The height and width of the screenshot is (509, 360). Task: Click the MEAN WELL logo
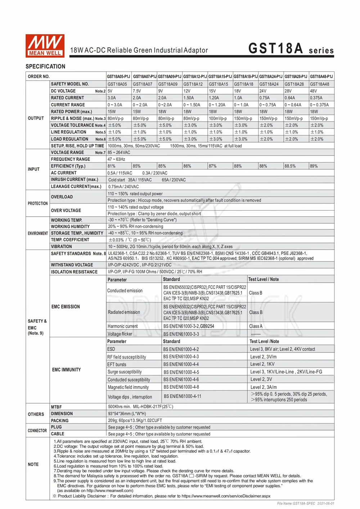(45, 46)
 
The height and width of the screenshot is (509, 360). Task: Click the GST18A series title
(291, 49)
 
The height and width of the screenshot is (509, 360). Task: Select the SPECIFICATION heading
(45, 67)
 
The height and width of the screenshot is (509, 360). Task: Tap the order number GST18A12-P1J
(195, 77)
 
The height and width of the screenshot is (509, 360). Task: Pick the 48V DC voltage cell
(314, 91)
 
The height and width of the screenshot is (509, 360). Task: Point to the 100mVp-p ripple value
(218, 118)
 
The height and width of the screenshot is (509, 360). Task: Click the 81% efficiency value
(112, 166)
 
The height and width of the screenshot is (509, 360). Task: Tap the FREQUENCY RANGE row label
(71, 159)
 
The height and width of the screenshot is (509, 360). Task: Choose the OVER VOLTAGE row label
(66, 211)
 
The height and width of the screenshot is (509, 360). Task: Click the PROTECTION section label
(38, 204)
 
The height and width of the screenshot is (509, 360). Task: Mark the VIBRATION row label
(62, 247)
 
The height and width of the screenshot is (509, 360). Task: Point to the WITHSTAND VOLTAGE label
(72, 265)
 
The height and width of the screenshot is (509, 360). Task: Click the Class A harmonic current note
(256, 326)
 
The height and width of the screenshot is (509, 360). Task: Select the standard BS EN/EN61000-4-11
(183, 396)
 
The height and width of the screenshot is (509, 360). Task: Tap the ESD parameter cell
(111, 349)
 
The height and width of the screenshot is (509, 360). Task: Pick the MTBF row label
(56, 407)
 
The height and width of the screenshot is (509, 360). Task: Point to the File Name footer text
(306, 504)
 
